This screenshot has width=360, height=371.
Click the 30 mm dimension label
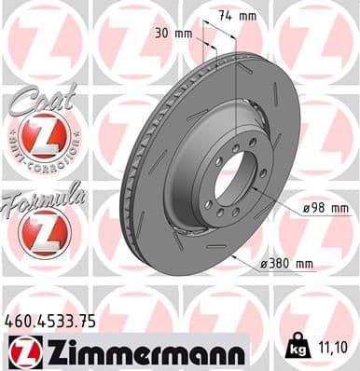click(177, 34)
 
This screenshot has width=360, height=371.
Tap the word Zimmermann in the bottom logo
click(139, 351)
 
